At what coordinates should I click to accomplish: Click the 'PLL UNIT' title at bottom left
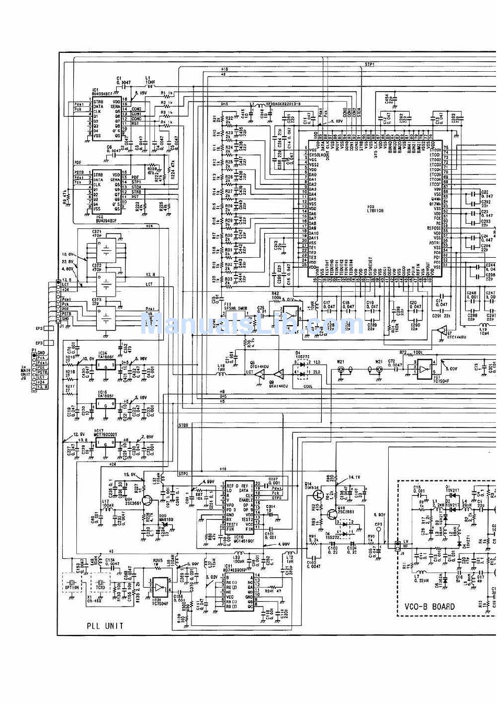click(x=105, y=625)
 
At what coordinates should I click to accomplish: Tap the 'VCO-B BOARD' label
click(x=430, y=607)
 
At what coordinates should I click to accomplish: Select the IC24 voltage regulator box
click(x=103, y=364)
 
